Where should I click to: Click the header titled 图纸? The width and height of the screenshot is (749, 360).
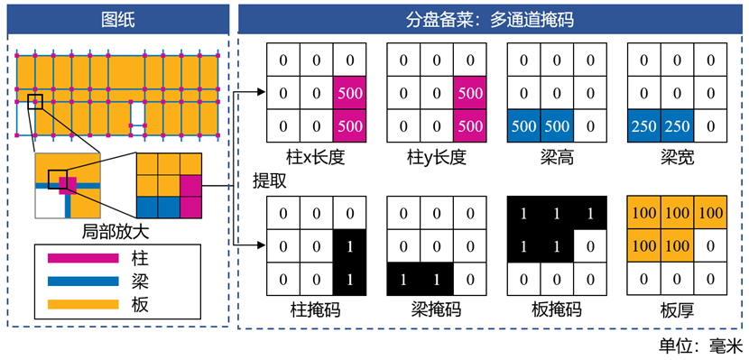coord(118,20)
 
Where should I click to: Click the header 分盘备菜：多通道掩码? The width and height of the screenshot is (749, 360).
coord(490,20)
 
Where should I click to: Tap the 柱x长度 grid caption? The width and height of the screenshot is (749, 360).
coord(317,158)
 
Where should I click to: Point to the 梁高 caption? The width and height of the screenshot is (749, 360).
coord(557,158)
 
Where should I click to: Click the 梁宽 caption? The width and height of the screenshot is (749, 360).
coord(678,158)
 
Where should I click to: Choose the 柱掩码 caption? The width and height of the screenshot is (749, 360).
coord(316,310)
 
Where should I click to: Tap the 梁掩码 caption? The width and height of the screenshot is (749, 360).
coord(436,310)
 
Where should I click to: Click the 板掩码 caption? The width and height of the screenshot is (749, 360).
coord(557,310)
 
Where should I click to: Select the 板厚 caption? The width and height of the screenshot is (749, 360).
coord(678,310)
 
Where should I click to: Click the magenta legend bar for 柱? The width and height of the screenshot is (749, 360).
coord(83,258)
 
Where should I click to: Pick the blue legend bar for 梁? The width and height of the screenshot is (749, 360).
coord(83,282)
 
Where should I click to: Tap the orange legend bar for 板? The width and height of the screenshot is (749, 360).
coord(83,304)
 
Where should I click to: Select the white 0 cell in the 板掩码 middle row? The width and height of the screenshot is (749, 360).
coord(590,246)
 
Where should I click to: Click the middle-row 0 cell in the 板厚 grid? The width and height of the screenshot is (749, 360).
coord(710,246)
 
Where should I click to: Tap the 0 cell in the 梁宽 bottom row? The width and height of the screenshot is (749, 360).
coord(710,125)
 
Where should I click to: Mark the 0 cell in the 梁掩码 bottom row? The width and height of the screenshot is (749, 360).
coord(470,280)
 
